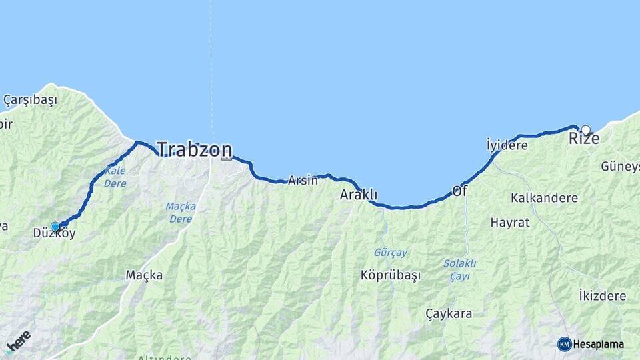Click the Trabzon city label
(195, 149)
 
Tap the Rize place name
(583, 139)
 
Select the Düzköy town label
(55, 234)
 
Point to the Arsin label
(303, 180)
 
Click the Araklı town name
(359, 195)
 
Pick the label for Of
(459, 191)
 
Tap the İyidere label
(507, 145)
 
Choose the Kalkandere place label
(544, 198)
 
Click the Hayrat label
(509, 223)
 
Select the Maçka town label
(144, 275)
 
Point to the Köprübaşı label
(391, 275)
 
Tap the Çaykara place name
(449, 313)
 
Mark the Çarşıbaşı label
(30, 100)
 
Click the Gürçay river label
(390, 253)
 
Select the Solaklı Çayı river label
(459, 269)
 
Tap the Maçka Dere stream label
(181, 212)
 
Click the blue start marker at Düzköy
(55, 227)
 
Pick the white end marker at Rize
(586, 130)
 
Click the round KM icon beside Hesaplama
(565, 344)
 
